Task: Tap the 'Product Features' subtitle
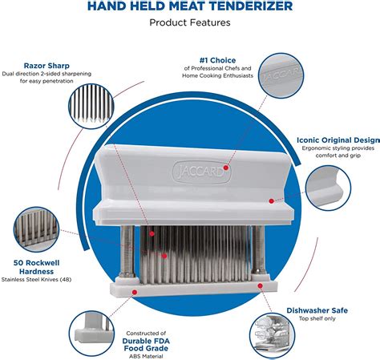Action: click(x=189, y=22)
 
